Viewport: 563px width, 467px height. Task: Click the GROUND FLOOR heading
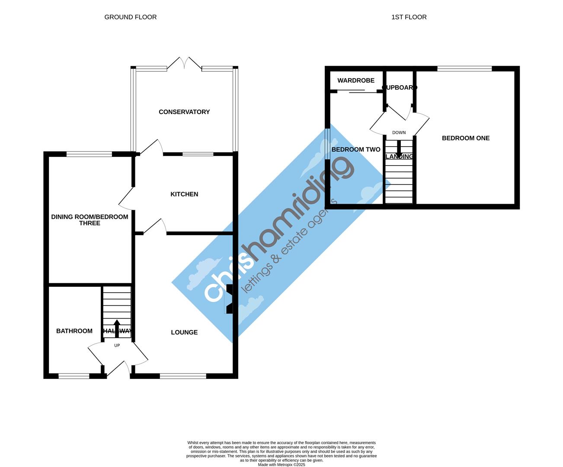[x=131, y=17]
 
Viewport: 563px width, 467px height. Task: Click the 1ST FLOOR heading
[x=409, y=17]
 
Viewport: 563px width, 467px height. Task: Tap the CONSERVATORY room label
[x=184, y=112]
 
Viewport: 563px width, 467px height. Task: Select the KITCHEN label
[x=184, y=195]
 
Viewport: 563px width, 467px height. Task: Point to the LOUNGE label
[x=184, y=333]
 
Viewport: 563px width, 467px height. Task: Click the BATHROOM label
[x=74, y=331]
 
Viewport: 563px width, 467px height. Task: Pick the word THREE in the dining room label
[x=90, y=224]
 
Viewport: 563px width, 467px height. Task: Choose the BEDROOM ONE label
[x=466, y=138]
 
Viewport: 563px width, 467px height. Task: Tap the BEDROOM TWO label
[x=356, y=150]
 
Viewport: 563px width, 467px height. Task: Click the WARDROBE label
[x=356, y=81]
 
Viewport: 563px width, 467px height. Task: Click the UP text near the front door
[x=117, y=345]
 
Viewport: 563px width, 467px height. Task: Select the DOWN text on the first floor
[x=399, y=133]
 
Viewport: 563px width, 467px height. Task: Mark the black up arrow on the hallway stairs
[x=117, y=326]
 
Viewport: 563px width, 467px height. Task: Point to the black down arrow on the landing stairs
[x=399, y=150]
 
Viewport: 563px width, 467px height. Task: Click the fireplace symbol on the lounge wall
[x=230, y=298]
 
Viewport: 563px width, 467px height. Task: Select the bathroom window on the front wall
[x=74, y=377]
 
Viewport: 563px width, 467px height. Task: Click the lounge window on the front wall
[x=183, y=377]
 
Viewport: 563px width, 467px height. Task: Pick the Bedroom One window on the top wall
[x=464, y=68]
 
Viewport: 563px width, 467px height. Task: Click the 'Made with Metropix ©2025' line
[x=281, y=465]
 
